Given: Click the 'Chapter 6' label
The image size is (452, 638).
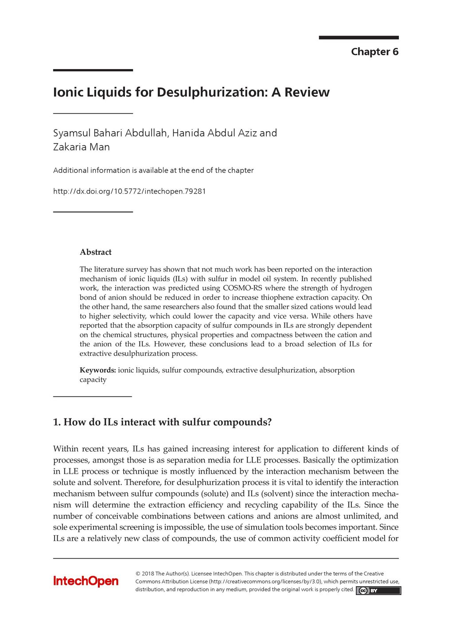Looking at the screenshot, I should (374, 52).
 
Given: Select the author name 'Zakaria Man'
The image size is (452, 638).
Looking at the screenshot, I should (81, 147).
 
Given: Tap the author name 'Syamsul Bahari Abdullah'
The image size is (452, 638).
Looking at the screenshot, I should (110, 133).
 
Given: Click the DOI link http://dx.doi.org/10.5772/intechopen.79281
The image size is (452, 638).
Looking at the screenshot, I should (129, 191).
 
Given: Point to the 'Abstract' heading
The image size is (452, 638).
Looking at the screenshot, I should (95, 252).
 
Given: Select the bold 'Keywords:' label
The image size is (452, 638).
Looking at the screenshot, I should (97, 370).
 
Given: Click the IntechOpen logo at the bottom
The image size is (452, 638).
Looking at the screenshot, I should (86, 581).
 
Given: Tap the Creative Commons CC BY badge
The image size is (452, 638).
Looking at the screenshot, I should (378, 591).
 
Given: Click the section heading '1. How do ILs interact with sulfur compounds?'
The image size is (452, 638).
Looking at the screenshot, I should (162, 422).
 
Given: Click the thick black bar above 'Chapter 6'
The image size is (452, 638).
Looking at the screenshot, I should (358, 38).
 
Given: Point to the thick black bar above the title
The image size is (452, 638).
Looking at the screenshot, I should (93, 70).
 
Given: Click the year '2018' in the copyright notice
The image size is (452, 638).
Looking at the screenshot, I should (148, 573).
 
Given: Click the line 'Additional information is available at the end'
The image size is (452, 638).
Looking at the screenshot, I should (153, 171).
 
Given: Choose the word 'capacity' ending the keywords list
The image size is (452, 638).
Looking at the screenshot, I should (93, 380).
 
